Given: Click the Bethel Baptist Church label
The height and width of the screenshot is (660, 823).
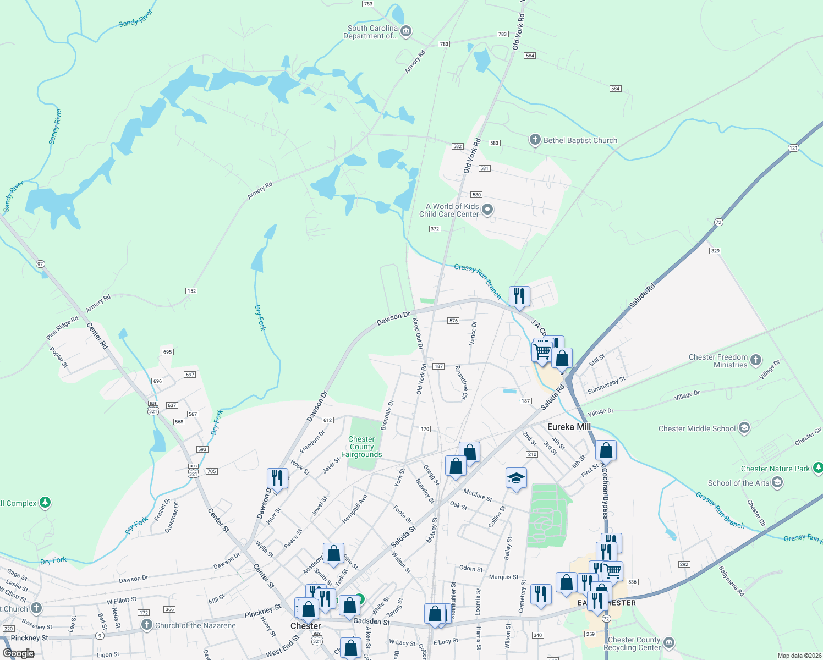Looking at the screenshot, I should [580, 140].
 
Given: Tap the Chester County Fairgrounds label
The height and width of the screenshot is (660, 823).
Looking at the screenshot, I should [361, 447].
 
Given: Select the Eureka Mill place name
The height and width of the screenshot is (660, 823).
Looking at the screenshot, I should [569, 427].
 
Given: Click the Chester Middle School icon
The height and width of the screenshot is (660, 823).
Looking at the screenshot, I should [744, 428].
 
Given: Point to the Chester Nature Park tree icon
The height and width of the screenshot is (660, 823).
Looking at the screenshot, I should [818, 468].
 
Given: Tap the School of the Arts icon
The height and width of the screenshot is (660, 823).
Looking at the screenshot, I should [777, 482].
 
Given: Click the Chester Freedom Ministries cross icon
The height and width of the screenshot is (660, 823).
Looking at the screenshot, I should [756, 360].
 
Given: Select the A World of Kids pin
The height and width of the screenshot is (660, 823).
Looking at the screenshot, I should [487, 210].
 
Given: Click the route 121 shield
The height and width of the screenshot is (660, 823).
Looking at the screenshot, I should [793, 148].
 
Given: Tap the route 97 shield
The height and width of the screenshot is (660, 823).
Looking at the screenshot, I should [40, 264].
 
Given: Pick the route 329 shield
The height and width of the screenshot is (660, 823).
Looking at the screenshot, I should [715, 251].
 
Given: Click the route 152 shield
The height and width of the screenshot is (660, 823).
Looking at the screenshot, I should [191, 291].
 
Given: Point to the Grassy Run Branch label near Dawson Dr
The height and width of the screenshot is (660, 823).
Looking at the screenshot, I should [478, 280].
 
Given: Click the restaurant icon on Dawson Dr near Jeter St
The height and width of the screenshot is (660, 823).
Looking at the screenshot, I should [277, 478].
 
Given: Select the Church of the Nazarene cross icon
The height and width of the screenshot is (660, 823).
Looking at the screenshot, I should [146, 625].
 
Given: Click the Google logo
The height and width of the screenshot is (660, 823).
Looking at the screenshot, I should [19, 653].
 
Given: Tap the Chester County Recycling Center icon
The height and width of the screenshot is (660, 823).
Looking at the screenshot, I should [669, 642].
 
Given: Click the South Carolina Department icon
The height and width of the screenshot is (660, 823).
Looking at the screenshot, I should [406, 31].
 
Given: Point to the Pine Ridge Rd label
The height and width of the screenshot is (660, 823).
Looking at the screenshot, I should [62, 328].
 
